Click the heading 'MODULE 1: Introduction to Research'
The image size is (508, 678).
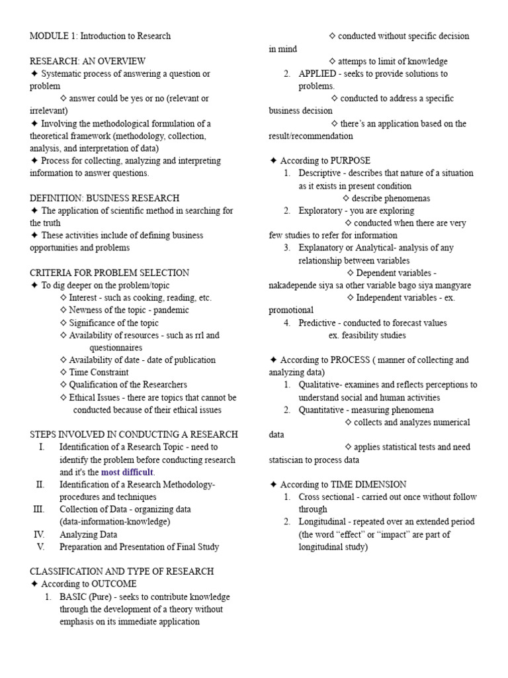(x=100, y=36)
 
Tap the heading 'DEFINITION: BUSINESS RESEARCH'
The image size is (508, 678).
(x=105, y=198)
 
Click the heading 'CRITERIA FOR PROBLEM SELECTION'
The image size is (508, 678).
(x=109, y=273)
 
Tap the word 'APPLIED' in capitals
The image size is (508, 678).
(x=317, y=73)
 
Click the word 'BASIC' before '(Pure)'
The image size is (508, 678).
(x=73, y=597)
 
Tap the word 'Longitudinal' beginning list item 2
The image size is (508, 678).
(x=322, y=522)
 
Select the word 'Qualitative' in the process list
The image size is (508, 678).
(x=319, y=385)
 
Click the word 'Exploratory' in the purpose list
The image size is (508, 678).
(x=320, y=211)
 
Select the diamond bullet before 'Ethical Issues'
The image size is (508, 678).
(x=63, y=397)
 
